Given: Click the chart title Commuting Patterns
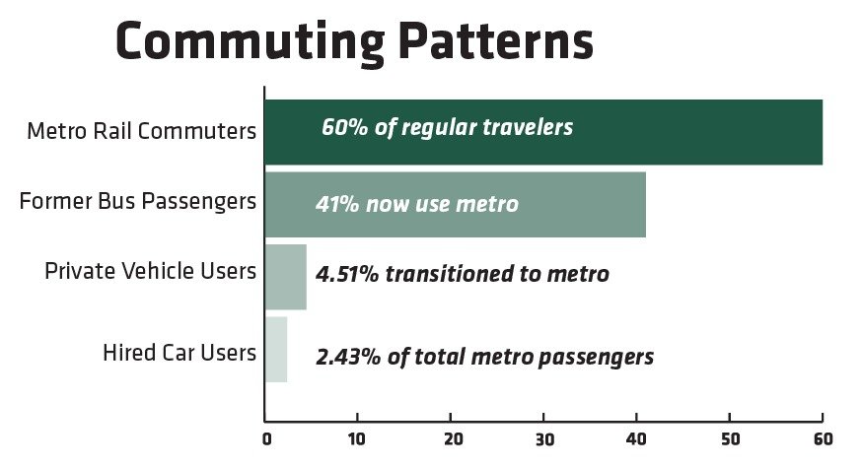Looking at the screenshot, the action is pos(355,42).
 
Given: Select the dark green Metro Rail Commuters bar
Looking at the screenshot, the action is pos(543,132).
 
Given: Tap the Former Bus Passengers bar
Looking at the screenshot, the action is pos(456,204).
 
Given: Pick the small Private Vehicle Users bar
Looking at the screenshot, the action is pos(286,277).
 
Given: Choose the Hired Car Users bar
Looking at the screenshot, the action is pos(276,350).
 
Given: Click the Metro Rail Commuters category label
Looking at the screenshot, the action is pos(142,131).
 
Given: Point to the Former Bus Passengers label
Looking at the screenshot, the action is pos(138,202).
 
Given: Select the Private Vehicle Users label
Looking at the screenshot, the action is pos(151,271).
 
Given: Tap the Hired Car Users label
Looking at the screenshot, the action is pos(180,352).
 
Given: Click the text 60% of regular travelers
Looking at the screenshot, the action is pos(447,128).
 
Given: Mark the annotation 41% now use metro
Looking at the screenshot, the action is pos(417,204).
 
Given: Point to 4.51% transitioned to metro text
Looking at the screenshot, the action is pos(463,274).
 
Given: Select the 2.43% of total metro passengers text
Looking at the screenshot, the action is pos(485,357).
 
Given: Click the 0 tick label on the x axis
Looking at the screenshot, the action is pos(266,439).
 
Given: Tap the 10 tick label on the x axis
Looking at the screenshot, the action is pos(356,439).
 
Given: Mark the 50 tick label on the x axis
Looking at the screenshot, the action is pos(730,439).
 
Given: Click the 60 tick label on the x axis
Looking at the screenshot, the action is pos(823,439).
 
